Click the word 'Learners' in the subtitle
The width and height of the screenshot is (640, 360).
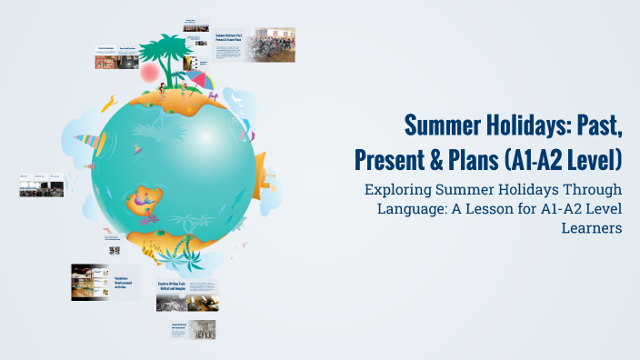pos(592,227)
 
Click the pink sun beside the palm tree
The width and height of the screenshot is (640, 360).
pos(147,71)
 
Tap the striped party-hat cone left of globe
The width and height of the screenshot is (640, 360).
pos(87,142)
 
